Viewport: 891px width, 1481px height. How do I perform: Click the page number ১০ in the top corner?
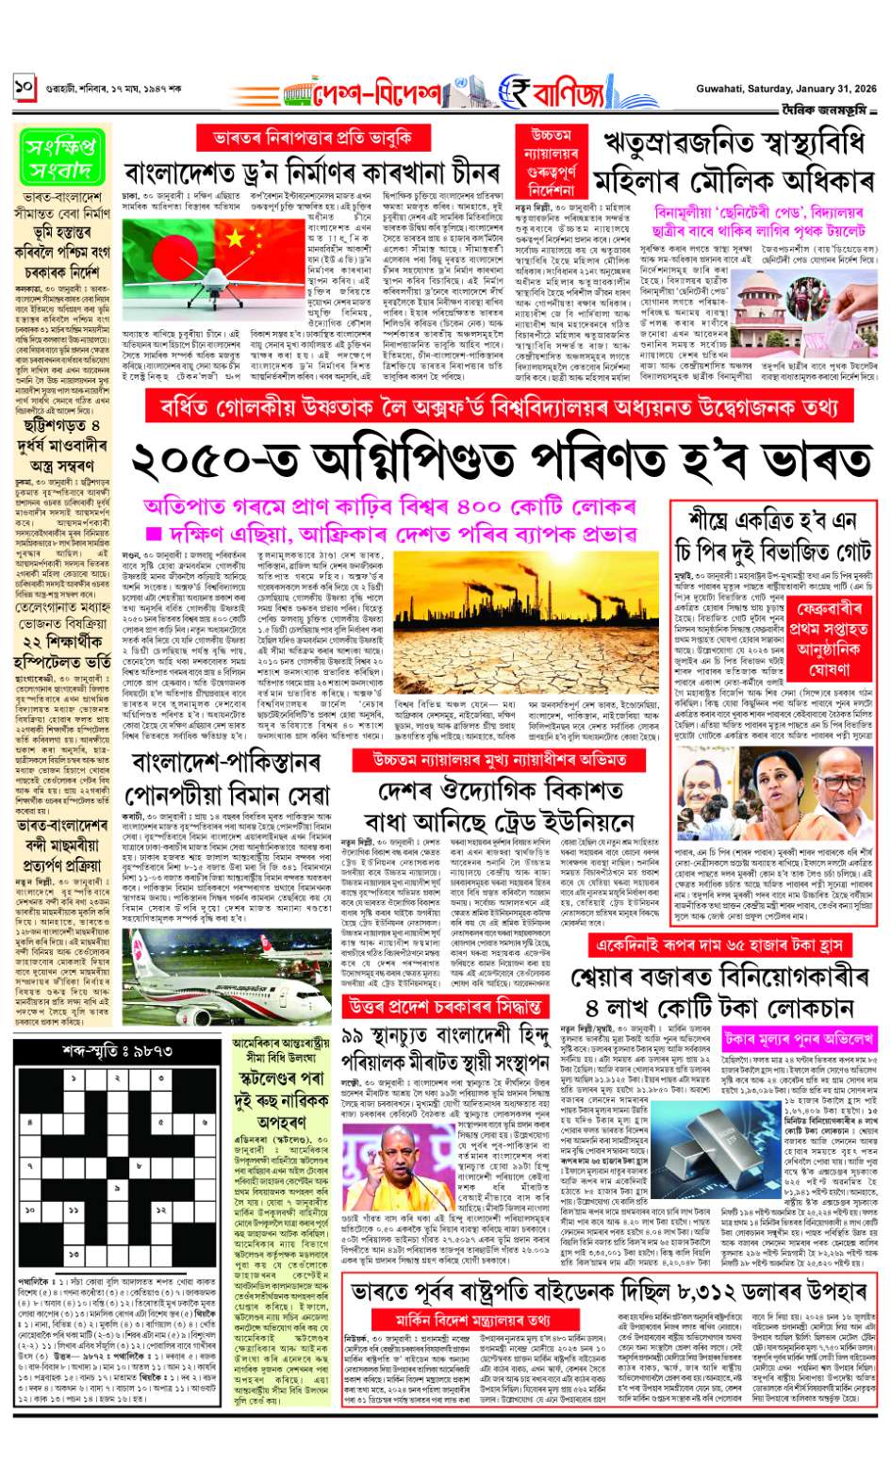pyautogui.click(x=24, y=88)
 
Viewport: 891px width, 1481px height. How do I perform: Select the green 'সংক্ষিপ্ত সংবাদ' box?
pyautogui.click(x=60, y=156)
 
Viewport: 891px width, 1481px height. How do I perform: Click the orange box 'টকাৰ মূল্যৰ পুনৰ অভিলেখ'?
pyautogui.click(x=800, y=1039)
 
